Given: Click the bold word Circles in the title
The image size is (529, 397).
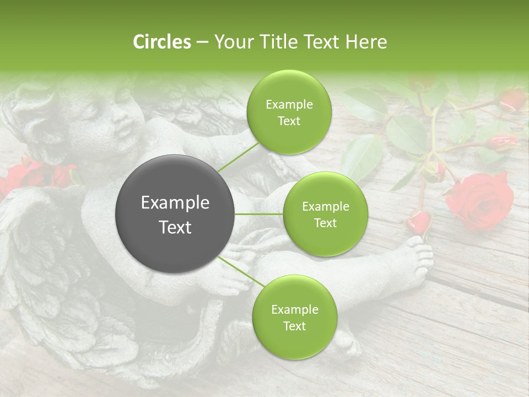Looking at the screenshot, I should (162, 42).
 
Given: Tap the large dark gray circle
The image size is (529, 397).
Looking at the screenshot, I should (175, 214).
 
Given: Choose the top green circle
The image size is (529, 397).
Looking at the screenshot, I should (289, 112).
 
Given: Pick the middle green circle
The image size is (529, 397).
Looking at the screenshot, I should (325, 214).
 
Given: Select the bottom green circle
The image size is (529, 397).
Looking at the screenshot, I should (294, 317).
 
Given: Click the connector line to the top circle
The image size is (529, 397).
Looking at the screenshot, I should (237, 157).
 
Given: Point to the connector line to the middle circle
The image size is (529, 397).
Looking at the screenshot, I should (259, 214).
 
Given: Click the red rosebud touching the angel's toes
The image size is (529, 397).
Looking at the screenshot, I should (419, 222).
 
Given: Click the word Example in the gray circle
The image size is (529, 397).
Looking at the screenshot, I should (175, 203).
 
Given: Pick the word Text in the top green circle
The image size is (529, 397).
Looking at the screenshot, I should (289, 121).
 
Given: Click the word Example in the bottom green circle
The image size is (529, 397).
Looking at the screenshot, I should (294, 309).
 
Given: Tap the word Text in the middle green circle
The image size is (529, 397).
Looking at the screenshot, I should (325, 223).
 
